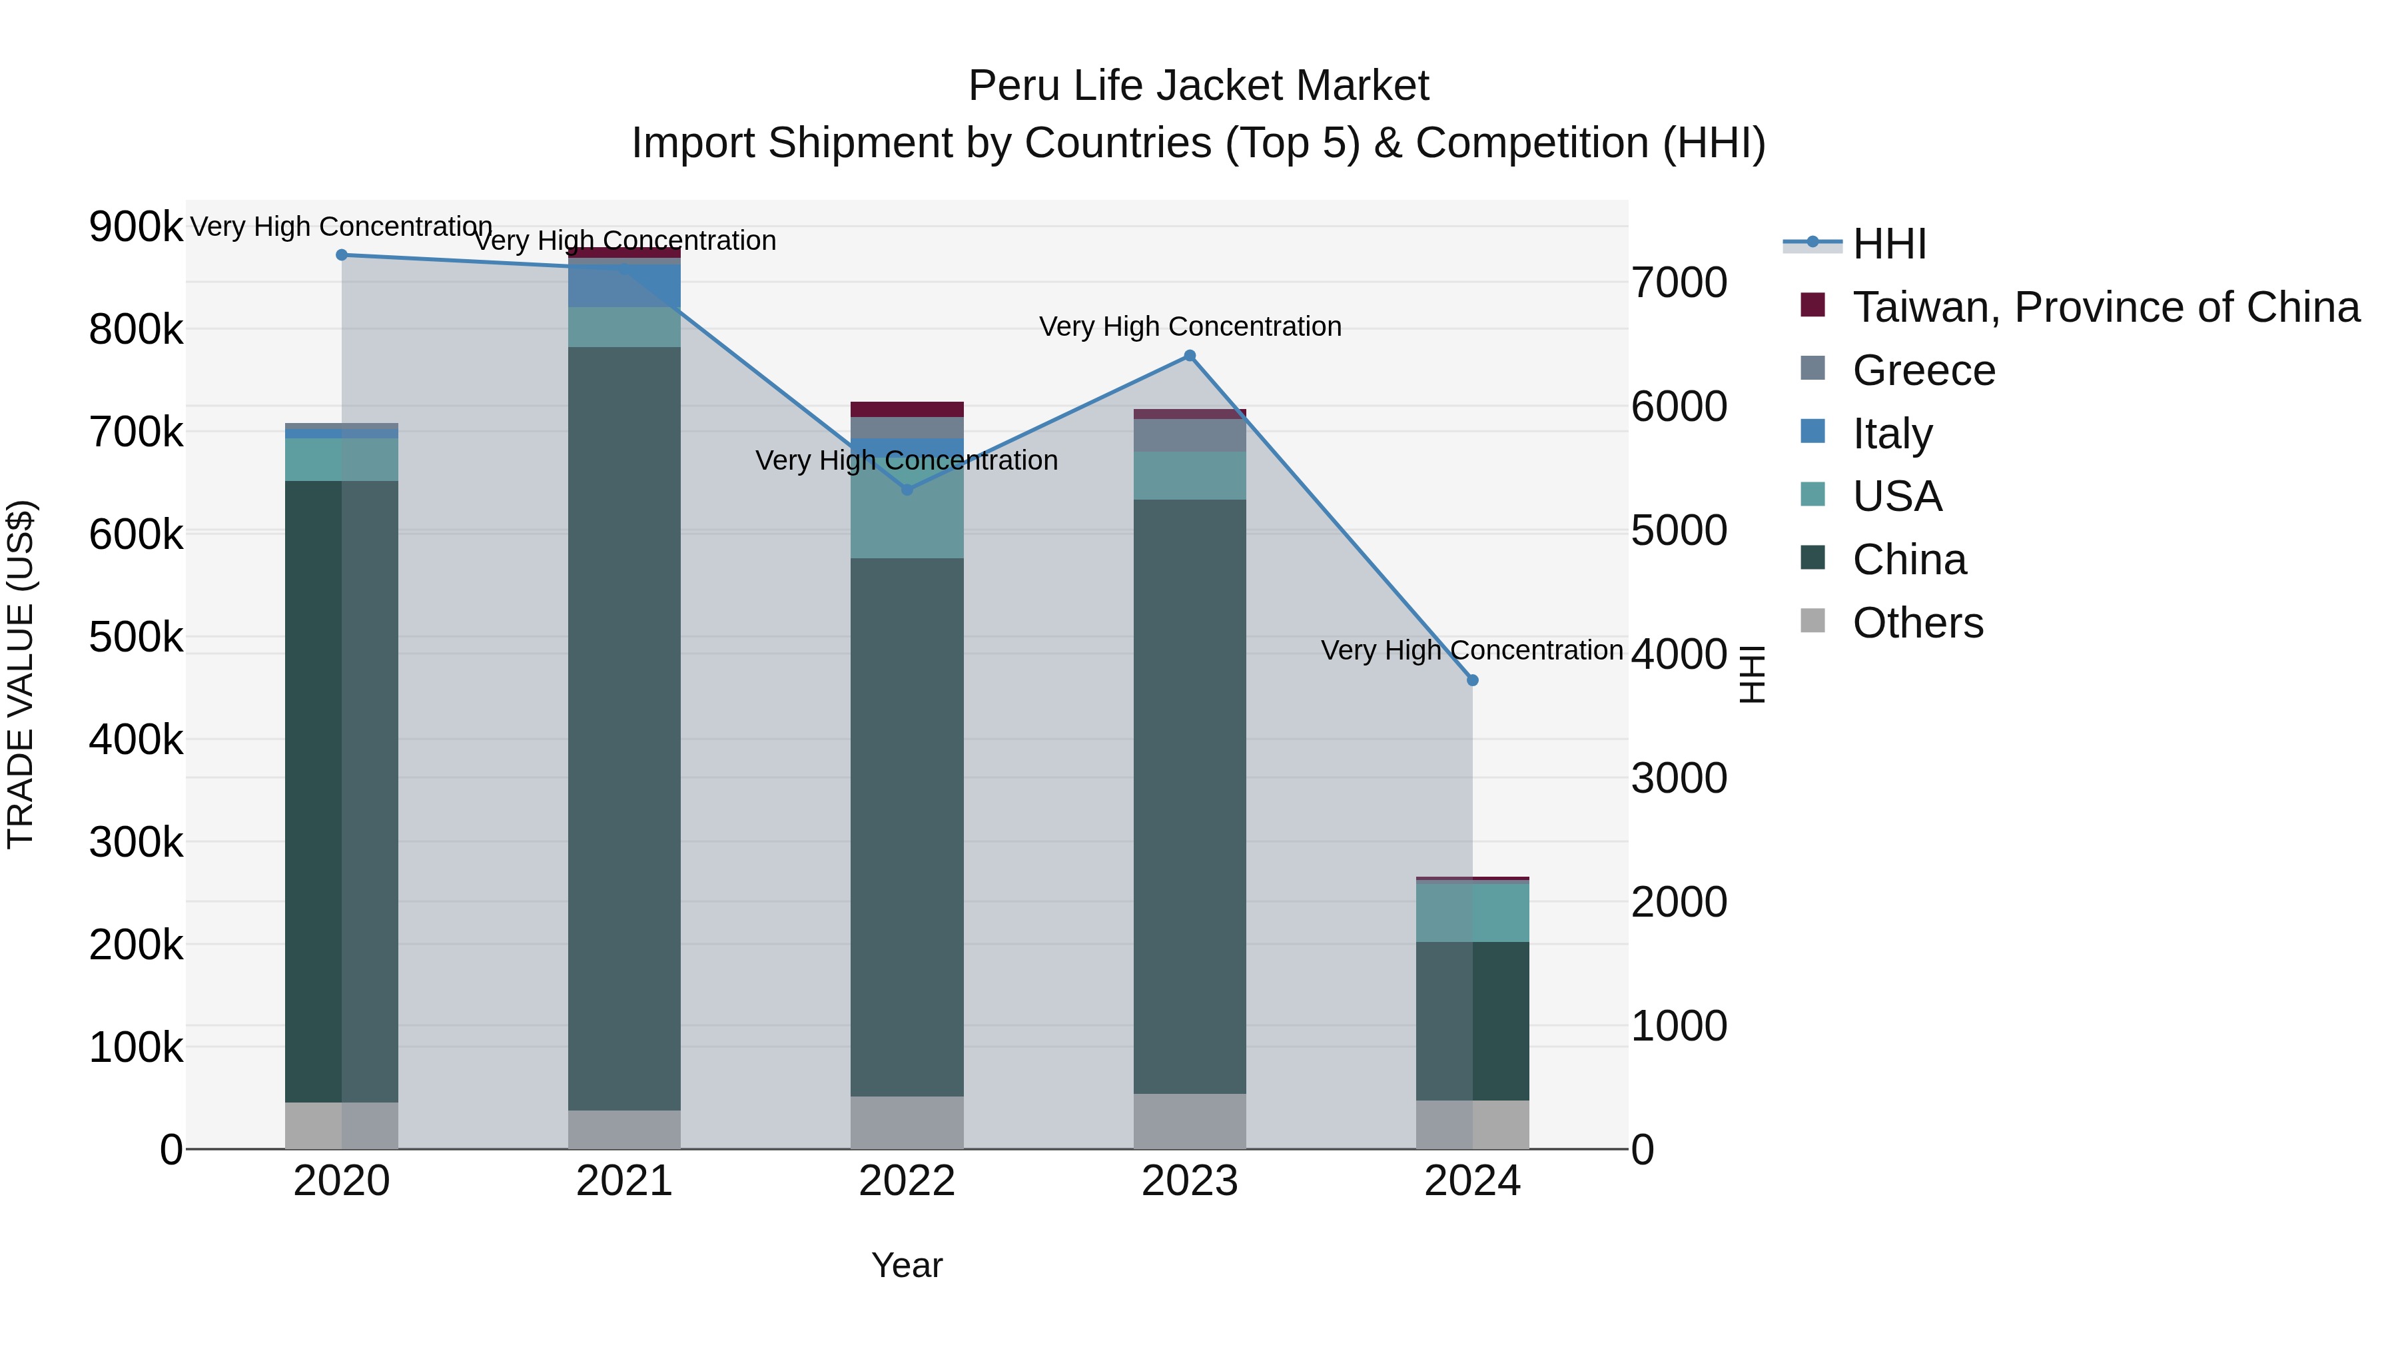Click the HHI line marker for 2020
(342, 255)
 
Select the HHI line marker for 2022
(908, 490)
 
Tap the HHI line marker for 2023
(1190, 356)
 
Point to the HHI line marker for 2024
(1473, 681)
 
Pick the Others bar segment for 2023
(1190, 1121)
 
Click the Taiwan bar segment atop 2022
(908, 410)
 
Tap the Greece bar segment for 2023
(1190, 435)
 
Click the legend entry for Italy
(1892, 434)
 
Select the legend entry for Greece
(1923, 370)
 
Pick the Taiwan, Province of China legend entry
(2106, 307)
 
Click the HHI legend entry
(1889, 244)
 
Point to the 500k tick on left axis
(136, 638)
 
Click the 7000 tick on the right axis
(1679, 283)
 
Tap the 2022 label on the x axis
(908, 1181)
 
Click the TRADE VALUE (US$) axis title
(21, 674)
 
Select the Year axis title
(908, 1265)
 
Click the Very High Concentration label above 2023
(1190, 327)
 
